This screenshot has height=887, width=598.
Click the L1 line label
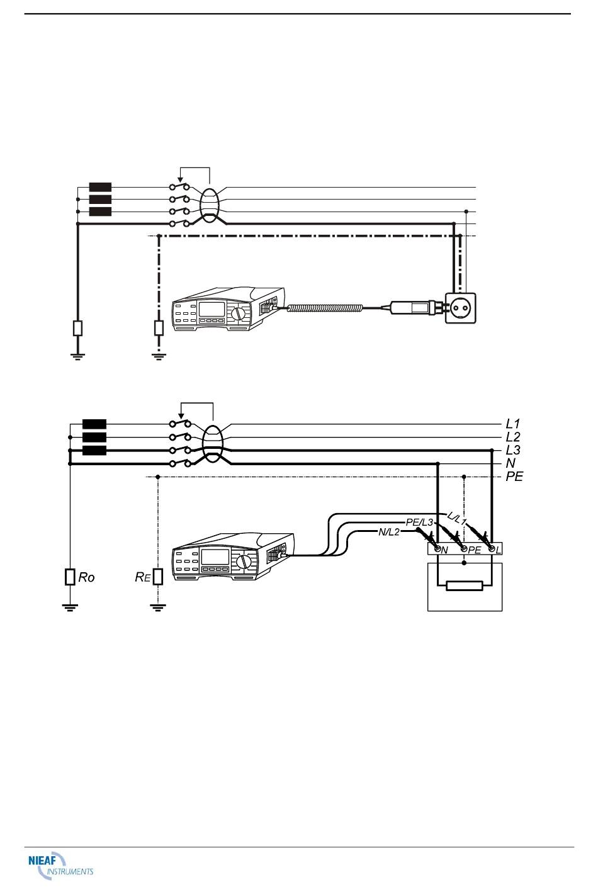pos(512,424)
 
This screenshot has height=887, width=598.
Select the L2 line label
pos(513,437)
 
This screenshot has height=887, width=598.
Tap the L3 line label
pos(513,450)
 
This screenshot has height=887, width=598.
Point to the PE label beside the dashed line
pos(514,476)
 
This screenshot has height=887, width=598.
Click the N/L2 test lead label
pos(389,532)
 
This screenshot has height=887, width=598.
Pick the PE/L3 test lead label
pos(419,523)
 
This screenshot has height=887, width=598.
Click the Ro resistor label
pos(86,577)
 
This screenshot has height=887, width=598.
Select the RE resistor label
pos(142,577)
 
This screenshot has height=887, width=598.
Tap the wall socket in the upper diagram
pos(460,308)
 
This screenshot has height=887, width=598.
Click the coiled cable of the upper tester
pos(324,308)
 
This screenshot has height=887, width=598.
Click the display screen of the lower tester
pos(215,557)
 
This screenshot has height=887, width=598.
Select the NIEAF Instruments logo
pos(60,866)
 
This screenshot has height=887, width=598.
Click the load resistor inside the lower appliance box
pos(464,585)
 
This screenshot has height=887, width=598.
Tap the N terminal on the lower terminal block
pos(438,549)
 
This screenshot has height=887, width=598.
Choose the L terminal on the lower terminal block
pos(492,549)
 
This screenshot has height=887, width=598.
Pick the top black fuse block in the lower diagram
pos(94,424)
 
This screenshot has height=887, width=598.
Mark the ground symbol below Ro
pos(70,607)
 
